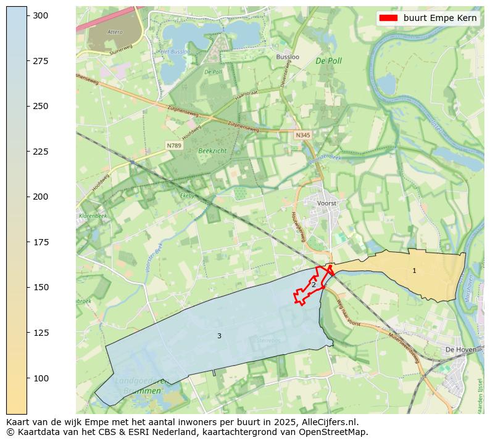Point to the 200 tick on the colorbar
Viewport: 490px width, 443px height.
[x=27, y=197]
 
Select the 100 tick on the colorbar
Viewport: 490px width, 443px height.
[x=27, y=378]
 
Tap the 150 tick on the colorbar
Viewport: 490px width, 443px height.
[x=27, y=287]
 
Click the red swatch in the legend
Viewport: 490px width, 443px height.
[x=388, y=18]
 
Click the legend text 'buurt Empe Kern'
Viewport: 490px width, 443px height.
[x=440, y=18]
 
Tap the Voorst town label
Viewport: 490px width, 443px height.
[x=326, y=203]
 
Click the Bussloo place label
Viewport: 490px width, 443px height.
[x=288, y=57]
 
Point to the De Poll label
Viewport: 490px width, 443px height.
[x=328, y=61]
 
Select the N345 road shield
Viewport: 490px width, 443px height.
[x=302, y=134]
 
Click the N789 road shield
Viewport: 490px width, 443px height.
[x=173, y=145]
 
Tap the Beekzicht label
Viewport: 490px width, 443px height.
[x=212, y=150]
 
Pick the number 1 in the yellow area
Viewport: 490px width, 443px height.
[x=414, y=270]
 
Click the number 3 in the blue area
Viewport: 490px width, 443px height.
[x=219, y=336]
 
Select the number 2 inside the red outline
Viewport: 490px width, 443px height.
[x=314, y=285]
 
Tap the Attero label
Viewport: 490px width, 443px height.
[x=115, y=31]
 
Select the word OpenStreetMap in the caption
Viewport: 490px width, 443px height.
[x=336, y=432]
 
